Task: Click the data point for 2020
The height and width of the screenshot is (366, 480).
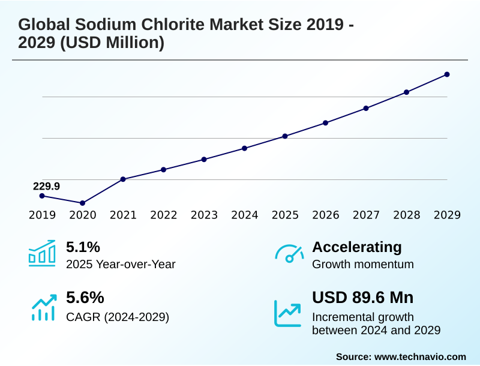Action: pyautogui.click(x=83, y=203)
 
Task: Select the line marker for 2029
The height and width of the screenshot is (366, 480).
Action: pyautogui.click(x=447, y=74)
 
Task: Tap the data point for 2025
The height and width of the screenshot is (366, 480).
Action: pyautogui.click(x=285, y=136)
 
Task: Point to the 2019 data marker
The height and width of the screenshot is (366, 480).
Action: pyautogui.click(x=42, y=196)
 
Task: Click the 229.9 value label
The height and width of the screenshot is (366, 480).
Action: pyautogui.click(x=46, y=186)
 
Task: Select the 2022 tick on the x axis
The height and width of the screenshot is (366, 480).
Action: pyautogui.click(x=163, y=215)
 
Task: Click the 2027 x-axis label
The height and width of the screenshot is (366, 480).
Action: pyautogui.click(x=366, y=215)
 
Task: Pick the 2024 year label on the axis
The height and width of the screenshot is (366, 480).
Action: pyautogui.click(x=245, y=215)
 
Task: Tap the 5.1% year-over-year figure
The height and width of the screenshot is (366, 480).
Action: pyautogui.click(x=83, y=247)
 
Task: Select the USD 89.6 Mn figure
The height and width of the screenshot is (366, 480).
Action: pyautogui.click(x=362, y=298)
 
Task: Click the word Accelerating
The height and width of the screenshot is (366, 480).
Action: pyautogui.click(x=357, y=247)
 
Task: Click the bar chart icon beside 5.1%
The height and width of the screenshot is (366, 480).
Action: pyautogui.click(x=42, y=253)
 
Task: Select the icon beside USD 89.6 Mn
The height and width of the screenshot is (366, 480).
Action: pyautogui.click(x=288, y=313)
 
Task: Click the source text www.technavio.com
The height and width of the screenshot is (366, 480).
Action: pyautogui.click(x=420, y=356)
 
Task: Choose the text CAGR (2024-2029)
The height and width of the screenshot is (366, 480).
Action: pyautogui.click(x=118, y=317)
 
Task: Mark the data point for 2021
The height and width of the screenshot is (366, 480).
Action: pyautogui.click(x=123, y=179)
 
